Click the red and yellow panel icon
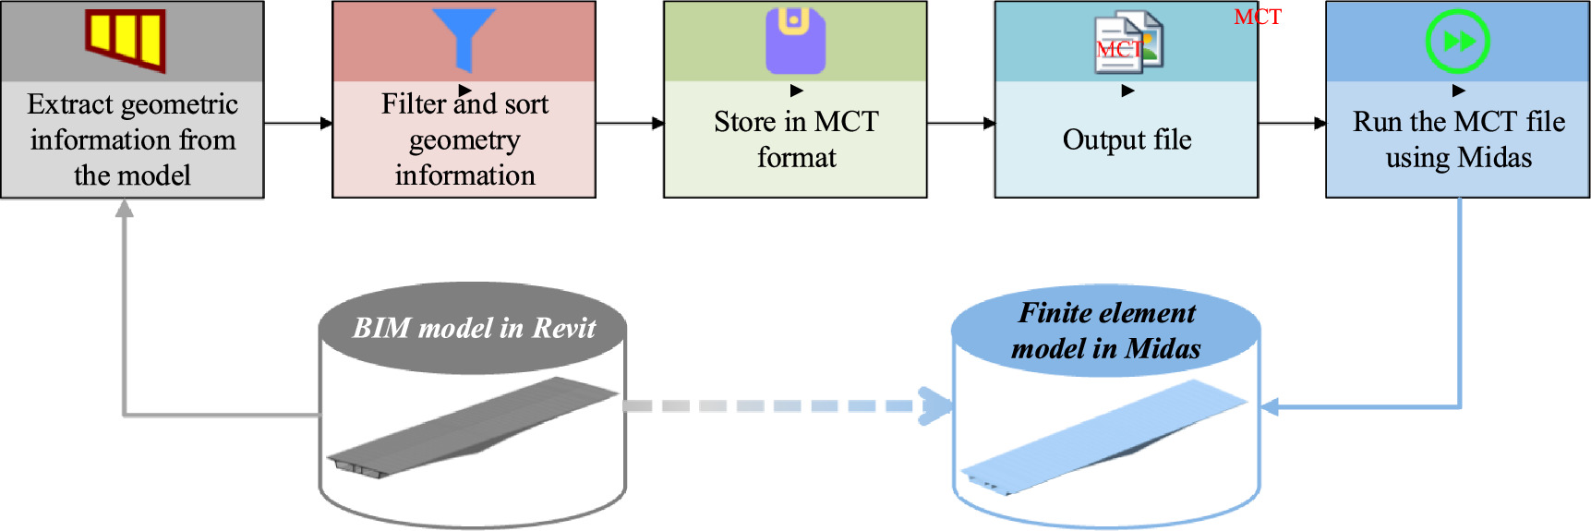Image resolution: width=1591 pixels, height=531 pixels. click(127, 40)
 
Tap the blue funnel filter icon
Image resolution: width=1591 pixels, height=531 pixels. click(464, 37)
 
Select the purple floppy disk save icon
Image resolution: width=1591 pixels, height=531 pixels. click(795, 41)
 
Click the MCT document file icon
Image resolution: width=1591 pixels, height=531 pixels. click(1127, 42)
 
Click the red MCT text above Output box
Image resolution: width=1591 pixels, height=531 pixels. click(1258, 17)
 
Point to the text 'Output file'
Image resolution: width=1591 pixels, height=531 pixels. click(1127, 139)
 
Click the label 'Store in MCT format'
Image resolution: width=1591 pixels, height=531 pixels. click(796, 139)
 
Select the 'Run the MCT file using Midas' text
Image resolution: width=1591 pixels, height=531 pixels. click(1458, 139)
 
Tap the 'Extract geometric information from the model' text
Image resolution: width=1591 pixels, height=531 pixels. click(132, 139)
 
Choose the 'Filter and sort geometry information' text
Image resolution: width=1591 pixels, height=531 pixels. click(464, 139)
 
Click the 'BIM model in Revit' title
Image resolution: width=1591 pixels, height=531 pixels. click(474, 328)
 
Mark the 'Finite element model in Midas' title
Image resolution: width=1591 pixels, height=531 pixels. click(1106, 331)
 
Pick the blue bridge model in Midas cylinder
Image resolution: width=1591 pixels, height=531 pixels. click(1103, 434)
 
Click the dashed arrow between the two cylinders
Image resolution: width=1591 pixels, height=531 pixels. click(785, 406)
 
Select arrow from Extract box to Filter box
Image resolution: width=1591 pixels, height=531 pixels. click(297, 123)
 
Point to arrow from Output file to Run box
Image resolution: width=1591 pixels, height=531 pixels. click(1292, 123)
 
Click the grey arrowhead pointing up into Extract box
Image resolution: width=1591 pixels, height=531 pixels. click(124, 209)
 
